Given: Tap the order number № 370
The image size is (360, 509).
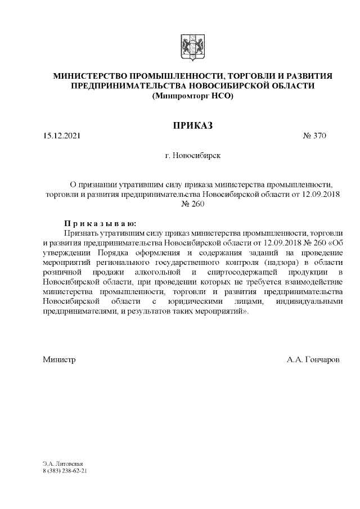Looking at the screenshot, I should tap(314, 136).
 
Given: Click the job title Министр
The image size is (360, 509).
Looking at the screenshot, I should tap(59, 359).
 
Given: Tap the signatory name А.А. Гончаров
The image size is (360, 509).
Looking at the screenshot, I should tap(313, 359).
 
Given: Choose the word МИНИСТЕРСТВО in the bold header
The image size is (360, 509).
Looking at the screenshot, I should tap(89, 75).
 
